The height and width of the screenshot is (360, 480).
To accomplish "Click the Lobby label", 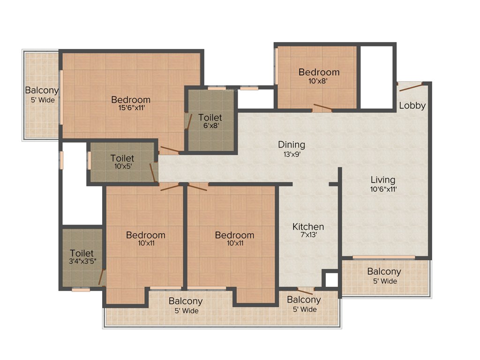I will click(412, 105).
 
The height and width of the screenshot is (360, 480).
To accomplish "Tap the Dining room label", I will click(292, 144).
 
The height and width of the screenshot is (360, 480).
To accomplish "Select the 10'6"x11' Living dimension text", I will click(383, 189).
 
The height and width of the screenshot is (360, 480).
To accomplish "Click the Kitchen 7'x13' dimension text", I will click(308, 236).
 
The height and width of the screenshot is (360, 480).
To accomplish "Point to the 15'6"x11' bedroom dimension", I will click(131, 108).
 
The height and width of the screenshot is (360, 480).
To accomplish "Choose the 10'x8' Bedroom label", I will click(319, 72).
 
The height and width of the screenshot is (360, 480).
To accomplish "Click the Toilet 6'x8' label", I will click(210, 117).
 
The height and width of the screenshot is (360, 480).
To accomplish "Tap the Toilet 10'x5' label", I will click(122, 158).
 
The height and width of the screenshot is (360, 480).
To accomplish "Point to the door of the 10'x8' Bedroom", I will click(323, 107).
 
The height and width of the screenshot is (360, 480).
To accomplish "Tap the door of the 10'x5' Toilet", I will click(153, 172).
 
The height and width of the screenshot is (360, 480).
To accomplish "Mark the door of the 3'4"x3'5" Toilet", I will click(102, 277).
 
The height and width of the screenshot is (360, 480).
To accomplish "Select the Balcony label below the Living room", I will click(384, 271).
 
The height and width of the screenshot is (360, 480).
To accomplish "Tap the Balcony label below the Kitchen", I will click(304, 300).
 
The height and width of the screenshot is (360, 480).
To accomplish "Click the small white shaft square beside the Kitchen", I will click(331, 279).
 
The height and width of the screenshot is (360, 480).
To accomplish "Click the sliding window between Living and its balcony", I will click(383, 257).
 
